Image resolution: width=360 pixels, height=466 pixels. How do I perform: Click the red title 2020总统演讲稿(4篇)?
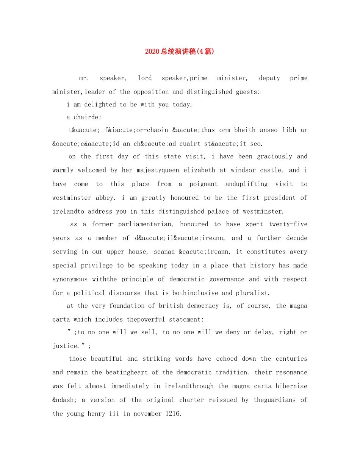click(x=180, y=52)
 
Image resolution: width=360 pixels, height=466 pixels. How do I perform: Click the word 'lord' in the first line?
click(x=145, y=78)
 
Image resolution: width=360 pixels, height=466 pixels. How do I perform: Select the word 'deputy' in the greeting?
click(x=269, y=78)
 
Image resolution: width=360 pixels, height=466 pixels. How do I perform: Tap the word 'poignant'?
click(x=203, y=184)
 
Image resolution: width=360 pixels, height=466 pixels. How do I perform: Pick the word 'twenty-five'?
click(x=288, y=224)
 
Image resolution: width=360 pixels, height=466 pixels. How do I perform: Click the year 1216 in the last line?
click(x=173, y=414)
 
